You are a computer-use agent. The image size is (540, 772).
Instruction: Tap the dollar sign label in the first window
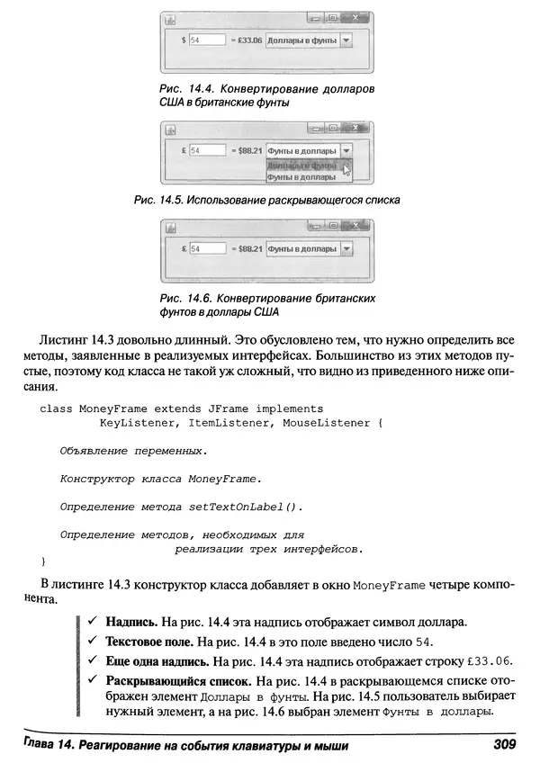[184, 40]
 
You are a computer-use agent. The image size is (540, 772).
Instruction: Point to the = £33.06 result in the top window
[246, 40]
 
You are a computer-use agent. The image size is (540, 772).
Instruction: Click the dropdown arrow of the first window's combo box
[346, 40]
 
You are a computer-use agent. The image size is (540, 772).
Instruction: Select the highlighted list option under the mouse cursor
[302, 166]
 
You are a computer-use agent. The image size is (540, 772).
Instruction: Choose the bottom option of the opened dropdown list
[302, 178]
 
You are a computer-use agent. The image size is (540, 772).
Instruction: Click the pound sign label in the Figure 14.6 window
[184, 248]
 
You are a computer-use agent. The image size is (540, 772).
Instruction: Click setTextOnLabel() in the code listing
[246, 507]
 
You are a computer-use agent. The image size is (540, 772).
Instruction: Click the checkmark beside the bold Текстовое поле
[92, 642]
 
